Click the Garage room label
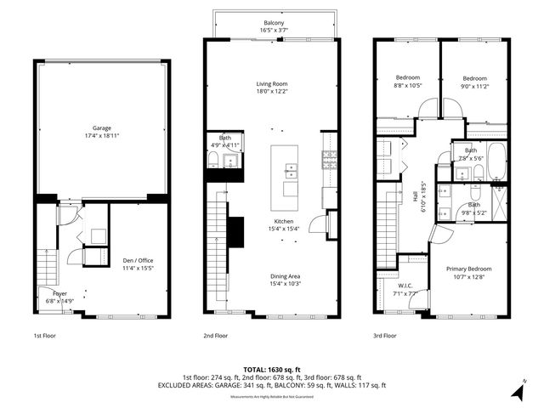coord(102,128)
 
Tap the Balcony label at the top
coord(272,23)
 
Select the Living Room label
coord(272,84)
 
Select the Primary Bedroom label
coord(469,269)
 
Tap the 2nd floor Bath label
coord(224,137)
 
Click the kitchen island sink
coord(291,168)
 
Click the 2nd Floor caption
coord(216,336)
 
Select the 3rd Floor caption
coord(384,336)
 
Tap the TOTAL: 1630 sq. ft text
coord(272,370)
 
